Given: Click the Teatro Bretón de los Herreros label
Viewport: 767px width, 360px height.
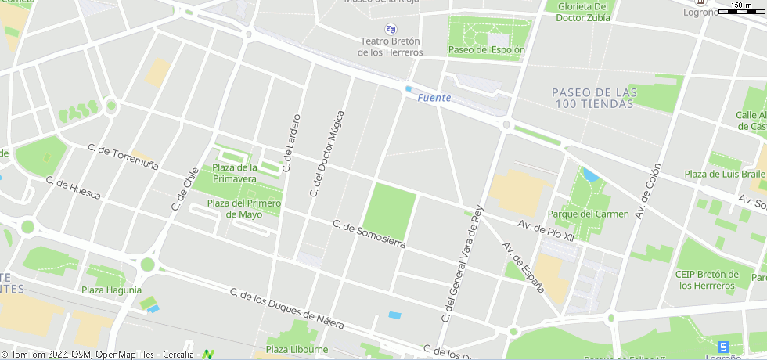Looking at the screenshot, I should tap(390, 47).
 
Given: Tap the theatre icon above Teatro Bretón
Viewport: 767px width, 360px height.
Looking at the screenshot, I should tap(391, 29).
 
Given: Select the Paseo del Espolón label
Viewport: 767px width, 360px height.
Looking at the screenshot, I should tap(486, 49).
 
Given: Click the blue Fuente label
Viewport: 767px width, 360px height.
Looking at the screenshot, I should tap(434, 98).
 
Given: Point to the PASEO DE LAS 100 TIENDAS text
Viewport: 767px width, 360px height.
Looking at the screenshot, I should tap(594, 98).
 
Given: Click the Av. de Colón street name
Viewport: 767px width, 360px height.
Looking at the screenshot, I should tap(647, 191).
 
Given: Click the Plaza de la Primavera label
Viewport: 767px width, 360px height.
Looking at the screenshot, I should tap(235, 173).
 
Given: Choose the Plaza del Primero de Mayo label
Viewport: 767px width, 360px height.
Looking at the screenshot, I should tap(243, 209).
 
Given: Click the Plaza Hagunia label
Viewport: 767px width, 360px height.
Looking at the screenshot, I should tap(111, 290).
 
